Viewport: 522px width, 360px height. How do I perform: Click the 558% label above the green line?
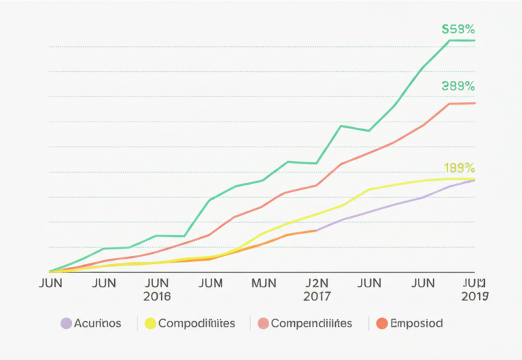point(457,29)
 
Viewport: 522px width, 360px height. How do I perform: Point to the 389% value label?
point(457,86)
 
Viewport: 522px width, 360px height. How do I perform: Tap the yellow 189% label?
point(459,167)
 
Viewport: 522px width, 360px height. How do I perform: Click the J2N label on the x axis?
point(317,283)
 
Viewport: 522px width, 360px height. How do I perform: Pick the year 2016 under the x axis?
point(157,297)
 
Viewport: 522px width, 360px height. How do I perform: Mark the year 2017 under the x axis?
point(317,297)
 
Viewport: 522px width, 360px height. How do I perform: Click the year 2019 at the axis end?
point(474,297)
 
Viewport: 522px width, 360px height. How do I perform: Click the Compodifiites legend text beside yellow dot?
point(196,323)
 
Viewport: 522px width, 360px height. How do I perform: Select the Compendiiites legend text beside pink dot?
point(311,323)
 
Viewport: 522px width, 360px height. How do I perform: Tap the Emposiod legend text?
point(417,323)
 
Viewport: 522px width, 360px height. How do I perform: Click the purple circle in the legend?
point(67,323)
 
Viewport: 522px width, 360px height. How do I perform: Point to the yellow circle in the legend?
point(150,323)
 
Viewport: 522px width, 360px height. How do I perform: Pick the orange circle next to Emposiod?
point(382,323)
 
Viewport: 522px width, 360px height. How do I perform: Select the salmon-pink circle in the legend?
point(263,323)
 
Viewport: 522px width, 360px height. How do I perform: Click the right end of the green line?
point(474,41)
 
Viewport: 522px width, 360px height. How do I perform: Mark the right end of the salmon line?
point(474,103)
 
